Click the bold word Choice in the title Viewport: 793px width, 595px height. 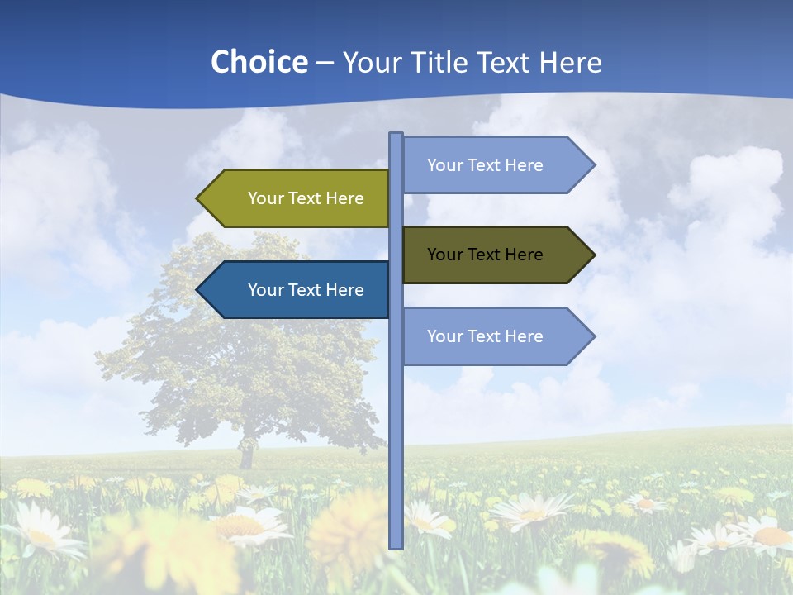259,62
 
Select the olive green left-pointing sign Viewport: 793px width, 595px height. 297,198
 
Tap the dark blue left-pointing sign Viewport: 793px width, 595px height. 297,290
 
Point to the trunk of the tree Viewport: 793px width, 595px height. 245,455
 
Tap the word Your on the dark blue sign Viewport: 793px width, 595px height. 265,290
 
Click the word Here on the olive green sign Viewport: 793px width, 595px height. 344,198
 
